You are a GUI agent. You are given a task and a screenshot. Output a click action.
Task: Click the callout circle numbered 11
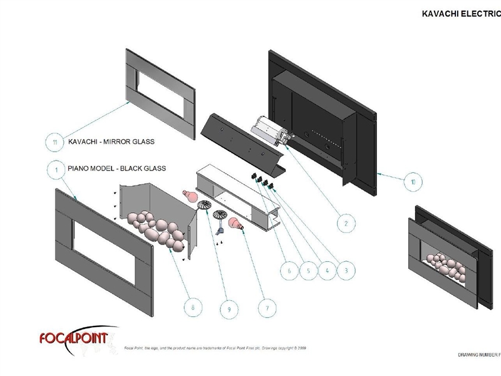pyautogui.click(x=56, y=142)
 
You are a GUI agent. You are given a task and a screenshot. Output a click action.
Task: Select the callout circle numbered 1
pyautogui.click(x=56, y=170)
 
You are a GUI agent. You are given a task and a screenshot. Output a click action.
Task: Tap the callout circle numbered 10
pyautogui.click(x=412, y=182)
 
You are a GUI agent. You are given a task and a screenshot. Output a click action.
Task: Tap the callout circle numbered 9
pyautogui.click(x=230, y=308)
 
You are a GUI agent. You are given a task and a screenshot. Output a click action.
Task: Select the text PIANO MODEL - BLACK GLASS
pyautogui.click(x=116, y=168)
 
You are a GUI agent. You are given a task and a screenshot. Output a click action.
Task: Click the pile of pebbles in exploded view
pyautogui.click(x=157, y=228)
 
